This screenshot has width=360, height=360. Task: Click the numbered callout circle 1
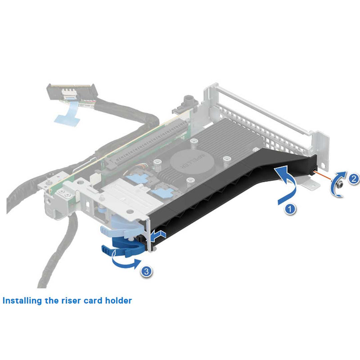(x=291, y=209)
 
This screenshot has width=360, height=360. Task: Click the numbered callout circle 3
(x=146, y=271)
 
